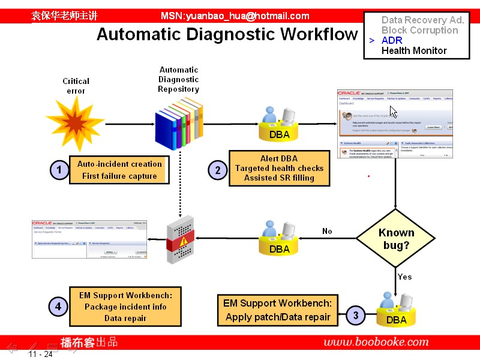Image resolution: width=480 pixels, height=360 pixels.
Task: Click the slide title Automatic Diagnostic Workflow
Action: click(x=227, y=34)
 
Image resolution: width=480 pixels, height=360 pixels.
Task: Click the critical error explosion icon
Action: click(x=76, y=123)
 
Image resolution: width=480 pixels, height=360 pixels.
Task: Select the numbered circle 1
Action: click(x=59, y=170)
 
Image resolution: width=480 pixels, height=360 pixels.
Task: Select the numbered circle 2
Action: click(x=218, y=170)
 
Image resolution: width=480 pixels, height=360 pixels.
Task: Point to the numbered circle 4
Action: click(x=58, y=307)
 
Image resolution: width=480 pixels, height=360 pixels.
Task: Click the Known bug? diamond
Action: click(x=396, y=239)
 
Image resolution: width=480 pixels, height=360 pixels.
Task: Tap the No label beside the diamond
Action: click(x=327, y=231)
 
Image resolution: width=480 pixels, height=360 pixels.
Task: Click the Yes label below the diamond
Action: click(x=405, y=277)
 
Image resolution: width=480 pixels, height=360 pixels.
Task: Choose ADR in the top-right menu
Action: click(x=392, y=40)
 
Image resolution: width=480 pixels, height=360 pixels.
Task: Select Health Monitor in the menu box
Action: click(x=414, y=50)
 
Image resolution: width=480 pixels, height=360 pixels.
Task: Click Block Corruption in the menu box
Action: click(x=419, y=30)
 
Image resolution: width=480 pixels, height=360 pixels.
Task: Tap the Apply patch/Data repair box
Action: click(x=277, y=310)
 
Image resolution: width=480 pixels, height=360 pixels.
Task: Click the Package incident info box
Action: click(x=125, y=307)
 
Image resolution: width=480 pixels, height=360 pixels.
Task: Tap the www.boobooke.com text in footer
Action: click(x=376, y=342)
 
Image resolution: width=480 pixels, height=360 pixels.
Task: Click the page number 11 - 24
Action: click(x=40, y=354)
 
